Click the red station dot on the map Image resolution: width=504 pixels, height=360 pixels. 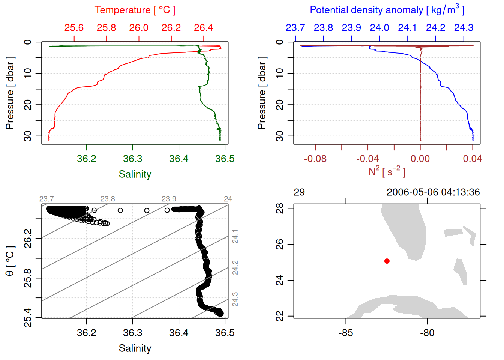(387, 261)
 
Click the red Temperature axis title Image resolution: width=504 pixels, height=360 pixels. (135, 10)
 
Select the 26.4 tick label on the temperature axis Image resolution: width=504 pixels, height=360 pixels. (203, 28)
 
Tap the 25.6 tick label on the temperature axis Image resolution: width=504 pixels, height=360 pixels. (74, 28)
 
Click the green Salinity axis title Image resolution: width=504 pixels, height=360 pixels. (135, 174)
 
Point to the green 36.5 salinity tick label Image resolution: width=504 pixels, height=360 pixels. (225, 159)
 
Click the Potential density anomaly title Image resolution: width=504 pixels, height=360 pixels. (387, 10)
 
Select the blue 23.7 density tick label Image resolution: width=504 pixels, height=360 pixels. (295, 28)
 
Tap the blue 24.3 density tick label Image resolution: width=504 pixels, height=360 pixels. (463, 28)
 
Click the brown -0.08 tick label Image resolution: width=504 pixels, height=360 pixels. (315, 159)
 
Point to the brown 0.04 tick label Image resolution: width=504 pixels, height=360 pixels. (472, 159)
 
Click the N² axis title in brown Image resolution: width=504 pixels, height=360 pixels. (387, 172)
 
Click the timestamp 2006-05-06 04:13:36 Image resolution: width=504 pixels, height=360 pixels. (433, 192)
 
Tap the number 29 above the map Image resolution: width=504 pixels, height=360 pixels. (299, 192)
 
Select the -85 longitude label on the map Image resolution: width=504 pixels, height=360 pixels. (345, 333)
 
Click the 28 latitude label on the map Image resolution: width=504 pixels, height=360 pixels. (280, 208)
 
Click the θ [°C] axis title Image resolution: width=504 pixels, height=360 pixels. (10, 261)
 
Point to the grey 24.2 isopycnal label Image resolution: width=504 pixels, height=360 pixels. (235, 267)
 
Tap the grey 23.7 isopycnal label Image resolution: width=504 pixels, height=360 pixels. (46, 199)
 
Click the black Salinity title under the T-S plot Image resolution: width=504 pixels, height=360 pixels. (135, 348)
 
